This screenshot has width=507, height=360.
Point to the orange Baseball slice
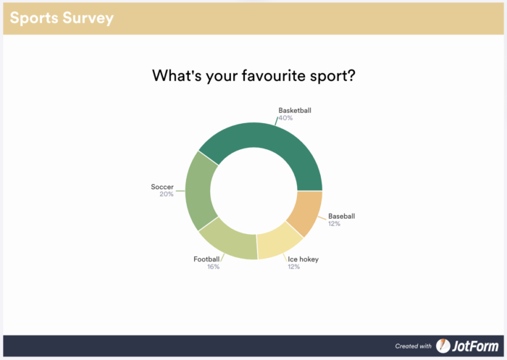[x=306, y=212]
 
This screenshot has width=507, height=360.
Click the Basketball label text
[x=295, y=111]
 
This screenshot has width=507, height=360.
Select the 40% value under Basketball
[x=285, y=118]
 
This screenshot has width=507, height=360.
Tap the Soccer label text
[x=162, y=187]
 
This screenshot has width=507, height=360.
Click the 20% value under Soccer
[x=167, y=194]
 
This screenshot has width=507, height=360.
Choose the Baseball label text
[x=342, y=216]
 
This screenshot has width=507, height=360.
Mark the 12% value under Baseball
[x=334, y=224]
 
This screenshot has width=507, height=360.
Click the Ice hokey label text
[x=303, y=259]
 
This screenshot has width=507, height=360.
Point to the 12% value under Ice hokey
[x=293, y=267]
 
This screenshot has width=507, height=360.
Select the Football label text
[x=206, y=259]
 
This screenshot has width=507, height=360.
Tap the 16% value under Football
[x=213, y=267]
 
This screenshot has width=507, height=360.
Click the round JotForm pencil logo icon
[x=443, y=346]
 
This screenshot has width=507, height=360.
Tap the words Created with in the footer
[x=413, y=346]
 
